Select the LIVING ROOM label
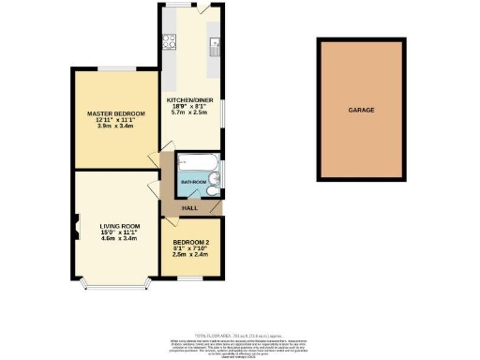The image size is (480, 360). pyautogui.click(x=119, y=224)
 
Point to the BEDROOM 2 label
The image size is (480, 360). pyautogui.click(x=190, y=241)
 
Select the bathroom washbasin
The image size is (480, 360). pyautogui.click(x=213, y=191)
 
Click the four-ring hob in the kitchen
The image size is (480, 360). pyautogui.click(x=171, y=40)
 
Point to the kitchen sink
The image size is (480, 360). pyautogui.click(x=216, y=43)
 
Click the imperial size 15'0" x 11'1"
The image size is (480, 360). pyautogui.click(x=119, y=232)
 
